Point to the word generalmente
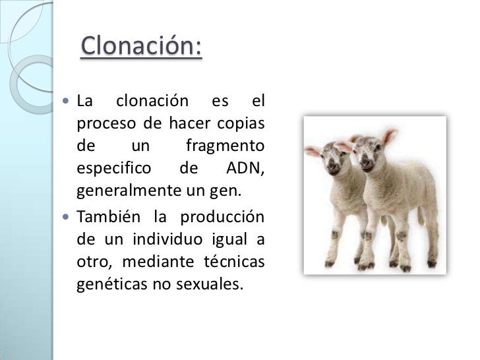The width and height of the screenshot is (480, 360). [125, 192]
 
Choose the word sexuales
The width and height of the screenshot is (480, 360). [210, 285]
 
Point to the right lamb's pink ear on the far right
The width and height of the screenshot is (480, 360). [390, 136]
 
